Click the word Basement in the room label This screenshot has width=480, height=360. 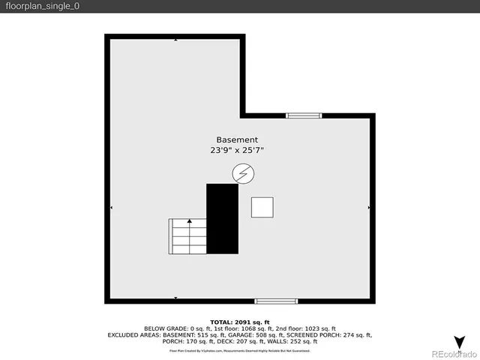tap(237, 140)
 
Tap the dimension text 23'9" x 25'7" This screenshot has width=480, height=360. tap(237, 151)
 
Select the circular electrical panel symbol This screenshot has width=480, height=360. tap(242, 175)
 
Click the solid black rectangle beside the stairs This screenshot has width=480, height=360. tap(222, 218)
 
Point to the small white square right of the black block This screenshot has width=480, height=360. tap(262, 207)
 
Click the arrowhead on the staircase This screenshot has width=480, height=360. tap(189, 221)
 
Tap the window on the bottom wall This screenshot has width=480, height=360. tap(276, 301)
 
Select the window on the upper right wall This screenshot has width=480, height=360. tap(304, 115)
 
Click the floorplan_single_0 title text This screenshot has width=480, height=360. tap(42, 7)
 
